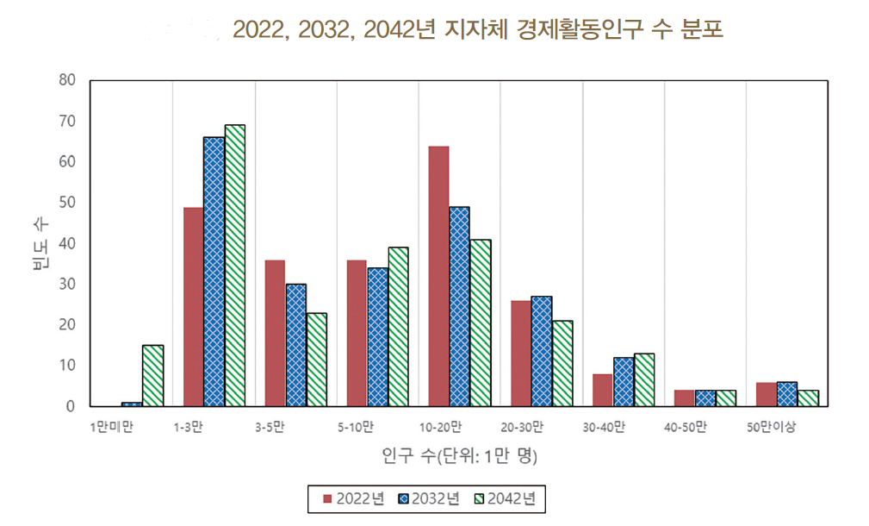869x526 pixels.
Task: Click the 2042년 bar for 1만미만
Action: [152, 376]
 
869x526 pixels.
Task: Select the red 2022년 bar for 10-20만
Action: [438, 276]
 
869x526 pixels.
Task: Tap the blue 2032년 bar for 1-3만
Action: [214, 272]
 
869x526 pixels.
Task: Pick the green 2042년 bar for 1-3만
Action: [234, 266]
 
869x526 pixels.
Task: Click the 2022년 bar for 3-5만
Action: [275, 333]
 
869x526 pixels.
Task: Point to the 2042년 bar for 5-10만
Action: [398, 327]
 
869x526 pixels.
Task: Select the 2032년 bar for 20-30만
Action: [542, 351]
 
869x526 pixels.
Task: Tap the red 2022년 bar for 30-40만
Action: [603, 390]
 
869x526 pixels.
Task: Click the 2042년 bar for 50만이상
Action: [808, 398]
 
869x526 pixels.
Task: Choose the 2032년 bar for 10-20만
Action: [459, 306]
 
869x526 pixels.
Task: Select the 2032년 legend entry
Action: [428, 498]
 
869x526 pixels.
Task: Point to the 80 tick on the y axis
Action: [68, 80]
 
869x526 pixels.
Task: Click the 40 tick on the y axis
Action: [68, 243]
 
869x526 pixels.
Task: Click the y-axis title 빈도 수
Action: [40, 243]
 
